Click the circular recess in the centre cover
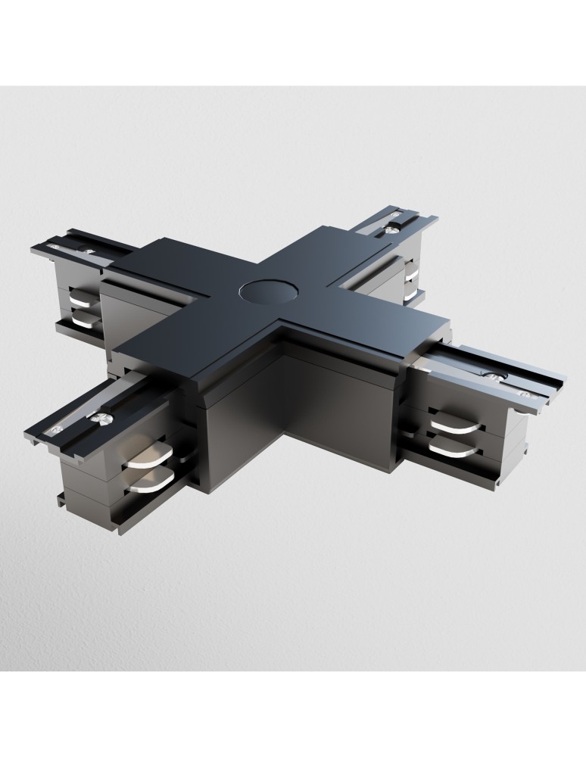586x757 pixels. pyautogui.click(x=260, y=290)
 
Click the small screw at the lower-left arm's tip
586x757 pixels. pyautogui.click(x=56, y=429)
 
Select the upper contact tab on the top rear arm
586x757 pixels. pyautogui.click(x=412, y=269)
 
